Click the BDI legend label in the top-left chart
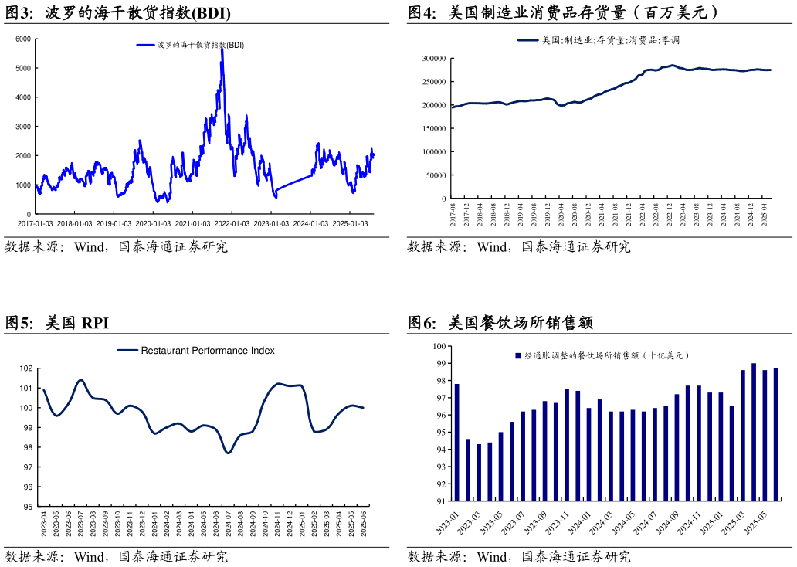pyautogui.click(x=200, y=45)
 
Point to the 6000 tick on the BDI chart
pyautogui.click(x=23, y=39)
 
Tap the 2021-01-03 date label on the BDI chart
pyautogui.click(x=193, y=224)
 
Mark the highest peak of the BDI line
pyautogui.click(x=222, y=48)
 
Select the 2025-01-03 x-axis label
pyautogui.click(x=350, y=224)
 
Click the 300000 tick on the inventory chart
pyautogui.click(x=435, y=59)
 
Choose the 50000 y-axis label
pyautogui.click(x=437, y=175)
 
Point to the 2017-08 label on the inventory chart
pyautogui.click(x=453, y=214)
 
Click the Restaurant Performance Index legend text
pyautogui.click(x=207, y=351)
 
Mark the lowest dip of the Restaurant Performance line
pyautogui.click(x=228, y=453)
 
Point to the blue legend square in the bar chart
pyautogui.click(x=518, y=356)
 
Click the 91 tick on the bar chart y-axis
pyautogui.click(x=442, y=501)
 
